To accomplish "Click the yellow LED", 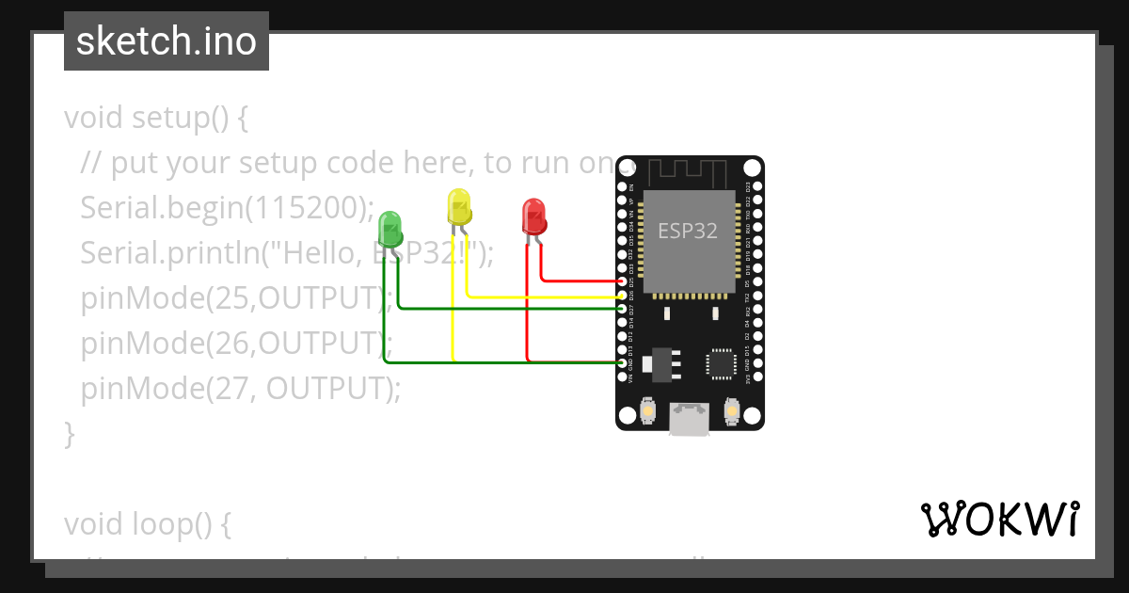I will [x=458, y=208].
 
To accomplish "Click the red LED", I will [x=533, y=216].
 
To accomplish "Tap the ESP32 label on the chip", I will [x=687, y=231].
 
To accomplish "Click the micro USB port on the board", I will [x=690, y=420].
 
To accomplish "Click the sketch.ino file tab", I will [x=167, y=41].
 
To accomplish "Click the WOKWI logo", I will [x=998, y=519].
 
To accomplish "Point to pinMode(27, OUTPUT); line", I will [x=240, y=388].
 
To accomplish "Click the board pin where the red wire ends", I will [x=622, y=281].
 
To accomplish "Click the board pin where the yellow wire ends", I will [x=622, y=296].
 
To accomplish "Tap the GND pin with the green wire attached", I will [x=622, y=362].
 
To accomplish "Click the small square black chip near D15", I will [x=722, y=362].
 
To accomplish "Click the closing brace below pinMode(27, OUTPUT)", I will [x=69, y=433].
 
